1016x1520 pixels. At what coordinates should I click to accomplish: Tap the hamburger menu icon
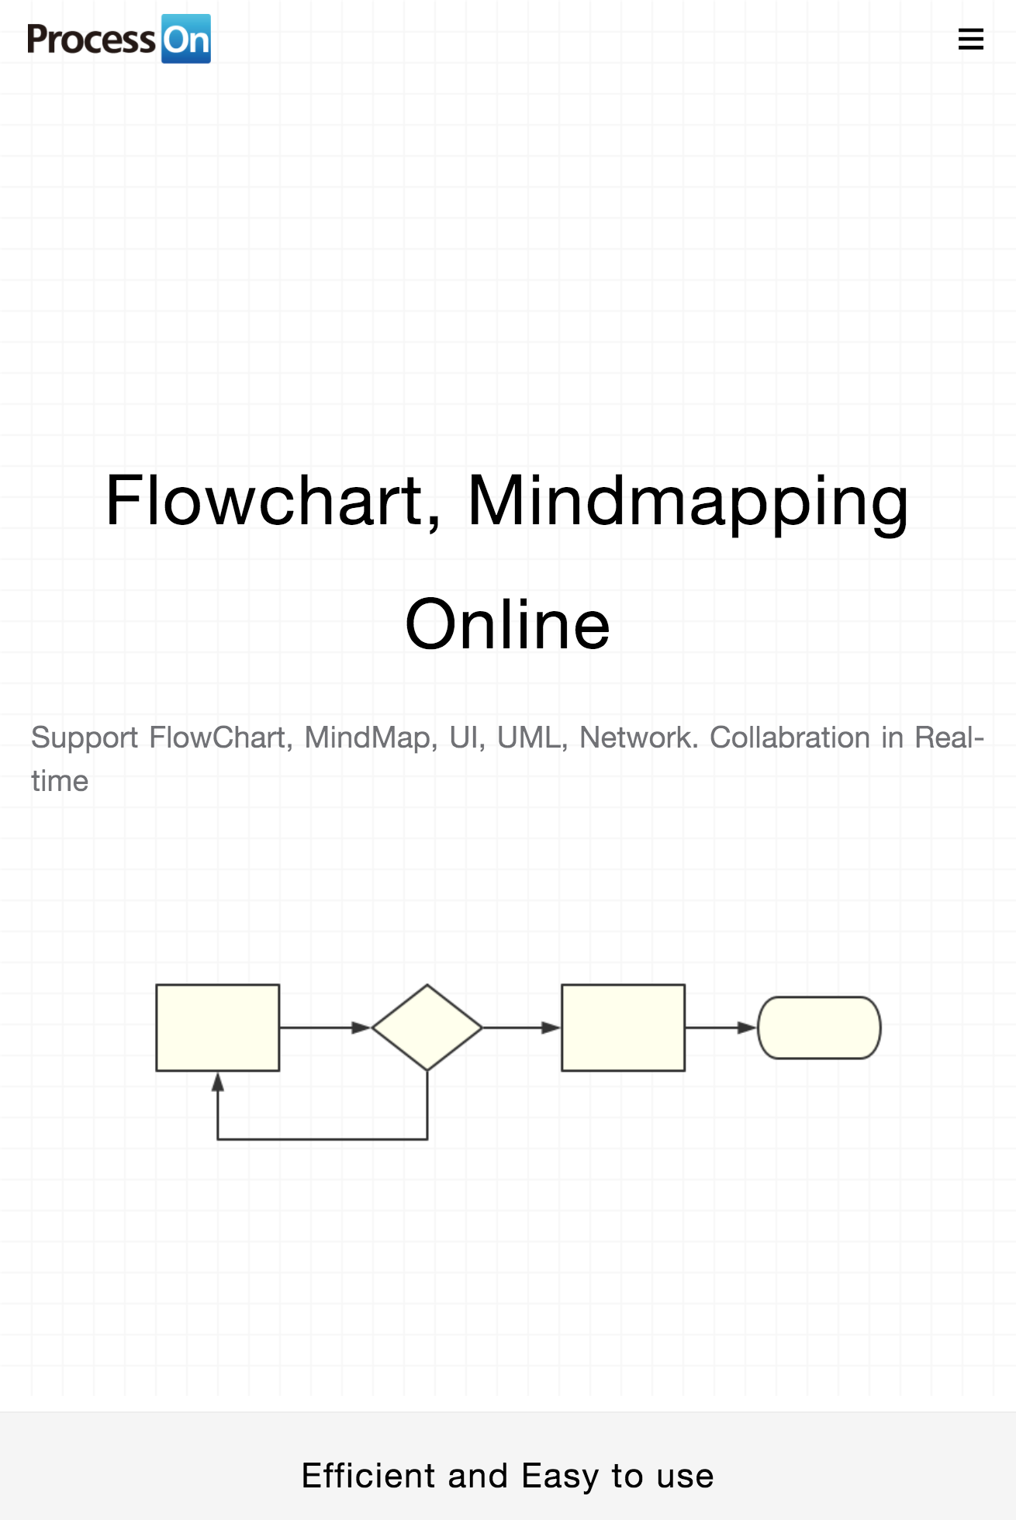coord(970,39)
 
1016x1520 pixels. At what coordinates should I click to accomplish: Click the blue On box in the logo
coord(186,39)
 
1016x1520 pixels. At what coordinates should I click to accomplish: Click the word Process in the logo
coord(92,40)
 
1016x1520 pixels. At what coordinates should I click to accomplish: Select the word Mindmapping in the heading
coord(688,503)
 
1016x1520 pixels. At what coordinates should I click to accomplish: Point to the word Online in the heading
coord(508,625)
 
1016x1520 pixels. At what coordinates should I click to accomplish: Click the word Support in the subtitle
coord(85,738)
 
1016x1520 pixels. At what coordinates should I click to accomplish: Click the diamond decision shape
coord(427,1028)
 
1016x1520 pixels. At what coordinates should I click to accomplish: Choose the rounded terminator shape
coord(819,1028)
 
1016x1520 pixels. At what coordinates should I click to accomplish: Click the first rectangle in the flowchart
coord(218,1028)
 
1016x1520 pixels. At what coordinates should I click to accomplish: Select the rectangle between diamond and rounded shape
coord(623,1028)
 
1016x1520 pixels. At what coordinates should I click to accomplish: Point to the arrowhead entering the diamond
coord(361,1028)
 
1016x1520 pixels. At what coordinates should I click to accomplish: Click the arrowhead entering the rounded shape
coord(746,1028)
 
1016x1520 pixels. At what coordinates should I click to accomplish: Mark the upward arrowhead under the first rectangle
coord(218,1083)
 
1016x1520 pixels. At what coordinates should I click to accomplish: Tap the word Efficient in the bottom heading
coord(368,1476)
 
